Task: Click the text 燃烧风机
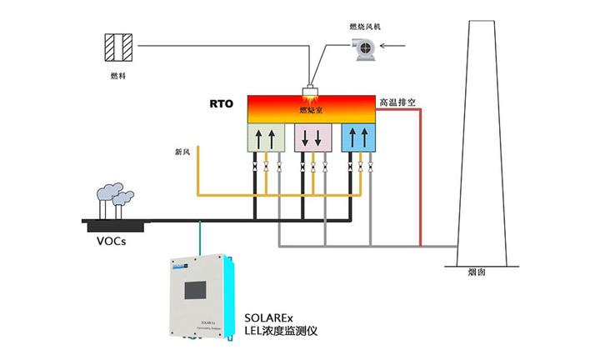[365, 27]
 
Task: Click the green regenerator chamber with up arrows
[266, 138]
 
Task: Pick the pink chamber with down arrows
[313, 138]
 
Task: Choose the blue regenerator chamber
[359, 138]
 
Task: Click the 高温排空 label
[402, 102]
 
